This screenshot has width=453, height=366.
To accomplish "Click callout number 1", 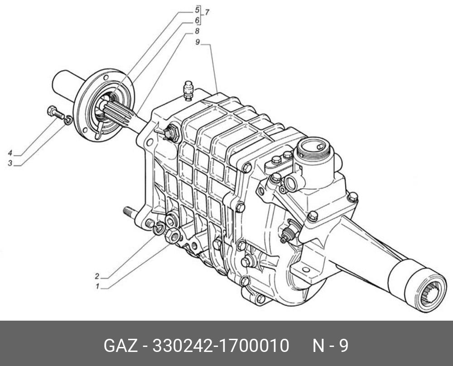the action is tap(98, 287).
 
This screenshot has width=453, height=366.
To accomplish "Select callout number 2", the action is tap(97, 276).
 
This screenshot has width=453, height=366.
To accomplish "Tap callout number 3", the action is tap(10, 163).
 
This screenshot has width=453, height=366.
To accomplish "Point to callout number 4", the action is tap(10, 153).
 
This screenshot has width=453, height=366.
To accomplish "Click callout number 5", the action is tap(197, 10).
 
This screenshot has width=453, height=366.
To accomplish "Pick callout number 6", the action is tap(197, 20).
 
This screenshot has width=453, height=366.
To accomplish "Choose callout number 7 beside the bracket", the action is tap(207, 12).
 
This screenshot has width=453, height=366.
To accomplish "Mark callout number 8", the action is tap(197, 31).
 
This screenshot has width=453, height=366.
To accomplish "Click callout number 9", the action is tap(198, 42).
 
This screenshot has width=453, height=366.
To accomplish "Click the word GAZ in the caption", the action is tap(121, 346).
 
